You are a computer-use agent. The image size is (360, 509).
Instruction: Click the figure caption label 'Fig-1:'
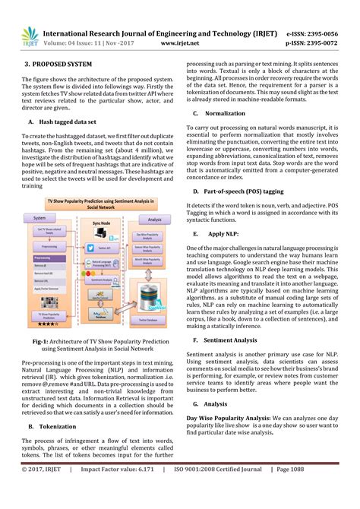(43, 342)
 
